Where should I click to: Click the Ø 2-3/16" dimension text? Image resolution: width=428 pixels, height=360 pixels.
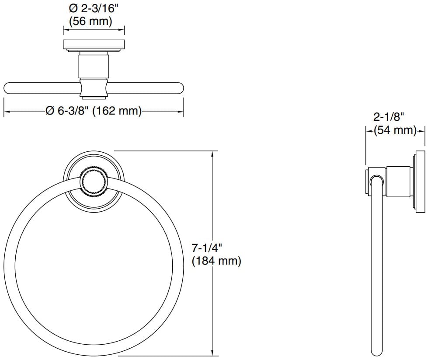click(x=94, y=8)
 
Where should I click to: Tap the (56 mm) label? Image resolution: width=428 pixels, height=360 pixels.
click(x=91, y=21)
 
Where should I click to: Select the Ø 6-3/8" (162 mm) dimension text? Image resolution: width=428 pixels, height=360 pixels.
click(x=94, y=111)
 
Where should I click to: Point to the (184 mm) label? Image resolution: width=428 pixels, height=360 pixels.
click(x=216, y=262)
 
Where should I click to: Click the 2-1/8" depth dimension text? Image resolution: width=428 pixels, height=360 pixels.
click(x=389, y=117)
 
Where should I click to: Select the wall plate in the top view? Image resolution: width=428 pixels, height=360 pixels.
click(x=94, y=45)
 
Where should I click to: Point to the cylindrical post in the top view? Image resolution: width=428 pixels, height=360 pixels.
click(x=94, y=65)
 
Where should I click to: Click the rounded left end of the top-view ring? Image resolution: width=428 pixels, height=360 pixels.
click(x=7, y=88)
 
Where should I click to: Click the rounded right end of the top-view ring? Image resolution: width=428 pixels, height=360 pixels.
click(x=180, y=88)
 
